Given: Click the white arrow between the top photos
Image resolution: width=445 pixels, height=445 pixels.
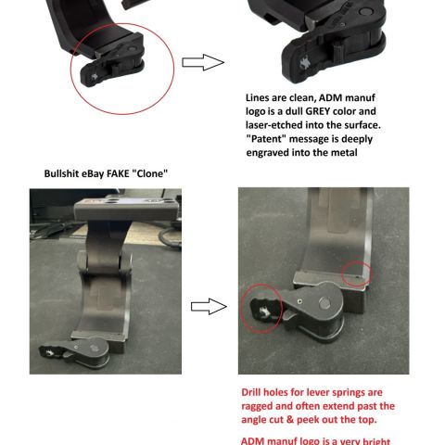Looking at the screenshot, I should pyautogui.click(x=202, y=62).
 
